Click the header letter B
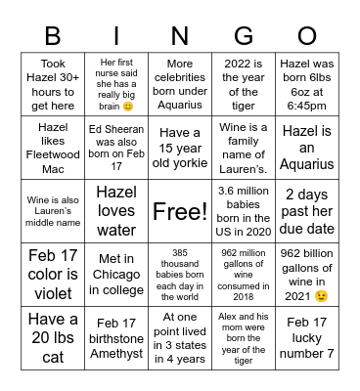tap(53, 36)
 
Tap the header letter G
tap(244, 36)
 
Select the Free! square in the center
tap(180, 211)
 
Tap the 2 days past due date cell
tap(307, 211)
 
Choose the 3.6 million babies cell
tap(244, 211)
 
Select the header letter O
tap(307, 36)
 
